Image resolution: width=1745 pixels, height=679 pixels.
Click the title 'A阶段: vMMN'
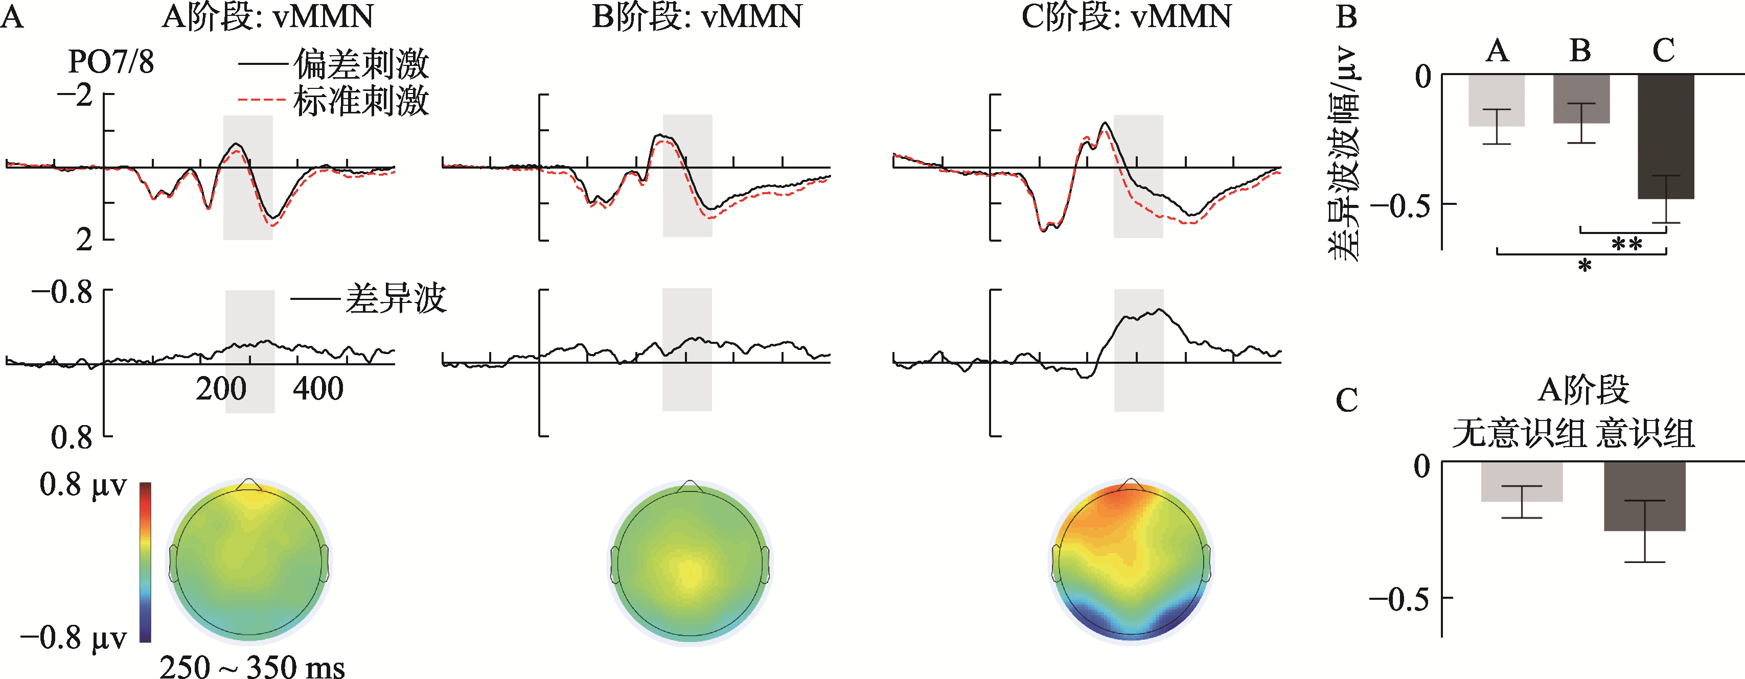point(267,16)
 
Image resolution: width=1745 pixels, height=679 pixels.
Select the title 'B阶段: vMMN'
point(697,16)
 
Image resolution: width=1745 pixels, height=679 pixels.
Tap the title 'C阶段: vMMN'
point(1126,16)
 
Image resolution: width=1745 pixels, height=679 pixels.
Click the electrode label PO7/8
point(111,62)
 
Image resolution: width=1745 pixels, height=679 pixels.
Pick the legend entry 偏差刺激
point(361,65)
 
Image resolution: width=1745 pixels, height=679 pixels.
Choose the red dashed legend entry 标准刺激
point(361,102)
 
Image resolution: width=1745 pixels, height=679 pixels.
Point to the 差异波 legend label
point(396,298)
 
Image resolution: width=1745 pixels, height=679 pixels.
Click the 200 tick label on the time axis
point(221,389)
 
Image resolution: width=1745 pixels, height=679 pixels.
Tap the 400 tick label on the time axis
point(318,389)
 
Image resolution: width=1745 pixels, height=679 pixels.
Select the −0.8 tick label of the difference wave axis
point(62,292)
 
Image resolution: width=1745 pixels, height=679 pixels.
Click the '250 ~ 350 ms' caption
point(252,666)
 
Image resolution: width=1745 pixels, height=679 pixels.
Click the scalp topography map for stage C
point(1131,560)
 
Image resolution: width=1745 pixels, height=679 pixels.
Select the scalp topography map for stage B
point(690,560)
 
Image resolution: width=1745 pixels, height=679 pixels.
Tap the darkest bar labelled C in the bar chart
point(1666,135)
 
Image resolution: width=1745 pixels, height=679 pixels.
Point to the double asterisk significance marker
point(1626,244)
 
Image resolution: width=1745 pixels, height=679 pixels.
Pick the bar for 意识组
point(1644,496)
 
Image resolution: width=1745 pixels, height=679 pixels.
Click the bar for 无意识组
point(1522,481)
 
